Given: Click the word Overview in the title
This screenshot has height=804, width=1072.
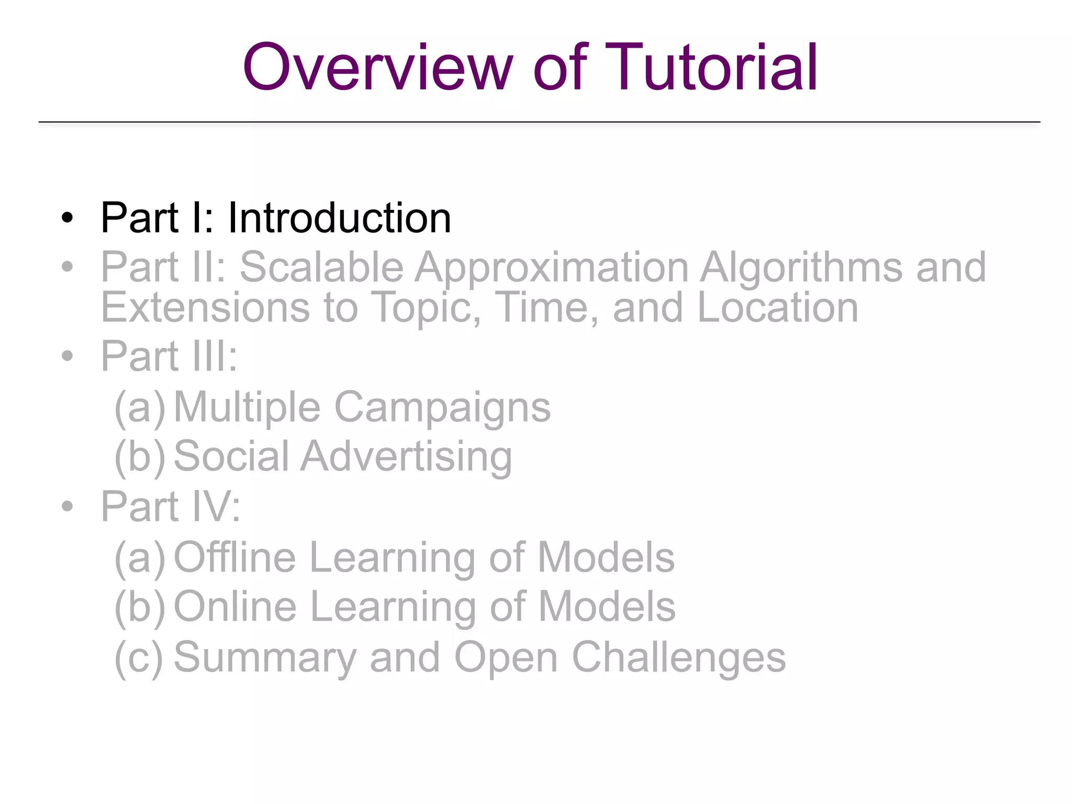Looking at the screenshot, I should [377, 68].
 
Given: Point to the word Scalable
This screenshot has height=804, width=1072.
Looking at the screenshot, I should [321, 267].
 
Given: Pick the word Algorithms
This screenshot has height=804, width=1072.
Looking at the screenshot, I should [801, 267].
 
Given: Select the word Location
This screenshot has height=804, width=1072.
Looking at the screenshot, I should [778, 307].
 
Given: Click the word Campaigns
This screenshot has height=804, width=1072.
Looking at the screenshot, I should [442, 408].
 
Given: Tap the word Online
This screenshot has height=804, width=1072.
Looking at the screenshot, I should [235, 607].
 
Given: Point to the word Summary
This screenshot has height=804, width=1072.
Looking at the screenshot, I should [265, 657].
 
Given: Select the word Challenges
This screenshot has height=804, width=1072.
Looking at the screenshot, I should [678, 657].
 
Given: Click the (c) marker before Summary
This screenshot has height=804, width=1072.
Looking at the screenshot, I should [139, 657].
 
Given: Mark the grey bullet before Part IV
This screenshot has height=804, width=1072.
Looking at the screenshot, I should [67, 506].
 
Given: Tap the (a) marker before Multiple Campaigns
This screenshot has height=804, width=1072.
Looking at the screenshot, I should [139, 408].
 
